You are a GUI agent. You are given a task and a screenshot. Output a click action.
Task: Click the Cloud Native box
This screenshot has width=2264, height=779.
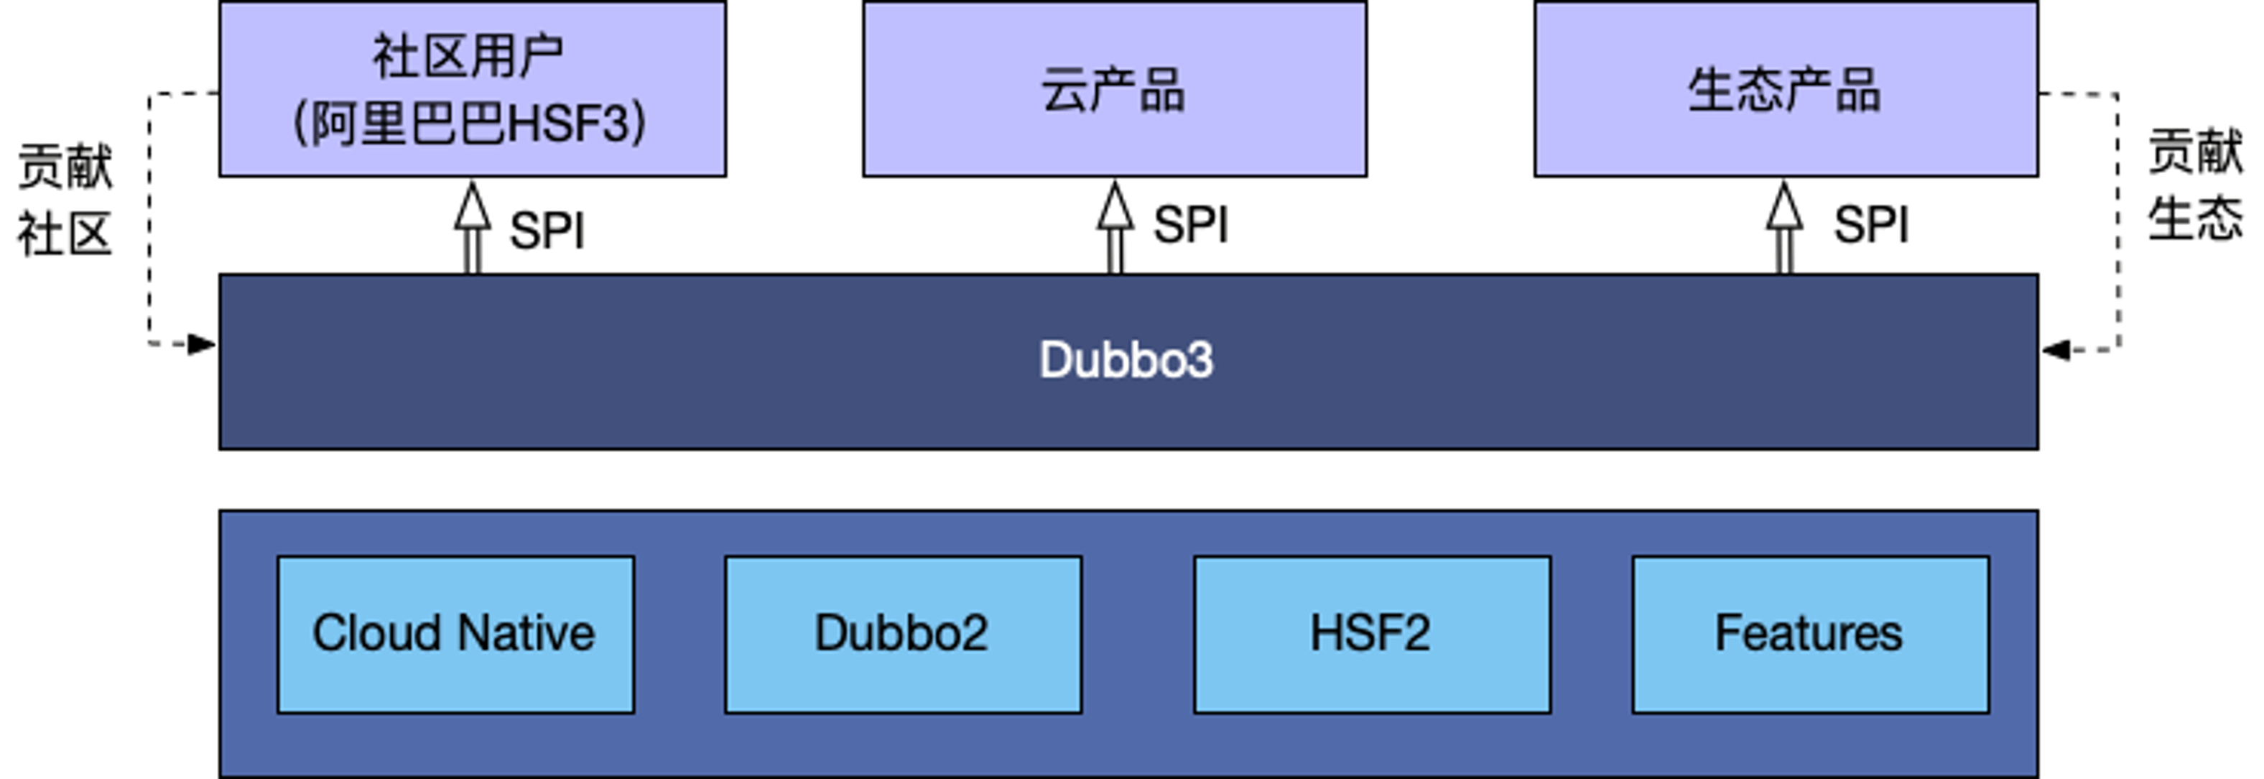(455, 634)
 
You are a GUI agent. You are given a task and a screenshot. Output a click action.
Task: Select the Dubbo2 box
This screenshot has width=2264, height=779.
(903, 634)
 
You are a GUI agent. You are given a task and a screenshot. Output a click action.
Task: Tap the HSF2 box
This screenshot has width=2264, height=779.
(1371, 634)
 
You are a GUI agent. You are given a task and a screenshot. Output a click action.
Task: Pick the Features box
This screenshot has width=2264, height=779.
(1809, 634)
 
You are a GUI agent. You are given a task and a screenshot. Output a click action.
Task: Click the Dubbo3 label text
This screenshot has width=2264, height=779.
(1126, 359)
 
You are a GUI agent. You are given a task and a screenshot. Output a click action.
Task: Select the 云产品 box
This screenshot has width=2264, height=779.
(1115, 89)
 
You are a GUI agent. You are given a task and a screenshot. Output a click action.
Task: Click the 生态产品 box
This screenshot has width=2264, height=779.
(1785, 89)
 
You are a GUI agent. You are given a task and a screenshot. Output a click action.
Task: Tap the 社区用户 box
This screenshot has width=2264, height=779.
(472, 89)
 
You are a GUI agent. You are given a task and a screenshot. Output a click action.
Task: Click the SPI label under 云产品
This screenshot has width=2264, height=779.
(1191, 225)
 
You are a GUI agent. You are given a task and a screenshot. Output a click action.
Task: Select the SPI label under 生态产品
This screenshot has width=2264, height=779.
(1871, 225)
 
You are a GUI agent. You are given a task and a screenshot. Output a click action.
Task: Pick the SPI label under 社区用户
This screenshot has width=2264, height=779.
(547, 231)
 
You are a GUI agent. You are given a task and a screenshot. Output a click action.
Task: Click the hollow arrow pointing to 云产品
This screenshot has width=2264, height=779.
(1115, 227)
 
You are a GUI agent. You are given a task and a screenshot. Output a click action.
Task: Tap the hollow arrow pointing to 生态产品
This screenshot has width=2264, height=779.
(1784, 227)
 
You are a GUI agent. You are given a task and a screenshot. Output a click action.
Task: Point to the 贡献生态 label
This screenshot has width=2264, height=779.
(2194, 185)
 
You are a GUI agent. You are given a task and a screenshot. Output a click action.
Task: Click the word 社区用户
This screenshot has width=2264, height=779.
(468, 55)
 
